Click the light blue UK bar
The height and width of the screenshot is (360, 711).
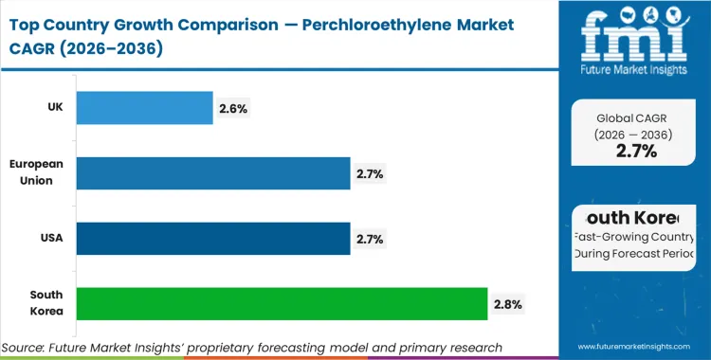[144, 108]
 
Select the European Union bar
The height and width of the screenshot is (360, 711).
[212, 173]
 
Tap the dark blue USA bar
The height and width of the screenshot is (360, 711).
[212, 238]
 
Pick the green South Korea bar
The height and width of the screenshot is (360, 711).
[282, 303]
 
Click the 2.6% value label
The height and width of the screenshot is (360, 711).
[232, 109]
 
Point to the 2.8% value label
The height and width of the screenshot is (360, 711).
[507, 304]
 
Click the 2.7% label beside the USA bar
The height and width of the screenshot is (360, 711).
[370, 239]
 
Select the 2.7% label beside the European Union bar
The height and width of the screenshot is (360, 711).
[370, 174]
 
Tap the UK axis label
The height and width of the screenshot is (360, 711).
[55, 108]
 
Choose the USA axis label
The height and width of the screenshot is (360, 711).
[50, 238]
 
